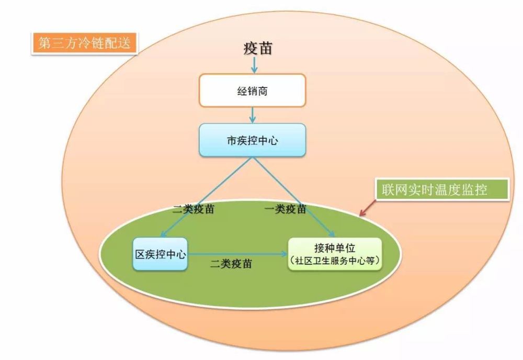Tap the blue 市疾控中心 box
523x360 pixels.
[252, 140]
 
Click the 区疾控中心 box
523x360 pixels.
[160, 254]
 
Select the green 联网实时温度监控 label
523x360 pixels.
[442, 189]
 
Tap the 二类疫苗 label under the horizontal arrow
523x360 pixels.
[231, 263]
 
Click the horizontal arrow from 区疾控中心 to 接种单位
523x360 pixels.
[238, 254]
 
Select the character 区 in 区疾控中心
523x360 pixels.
[140, 254]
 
